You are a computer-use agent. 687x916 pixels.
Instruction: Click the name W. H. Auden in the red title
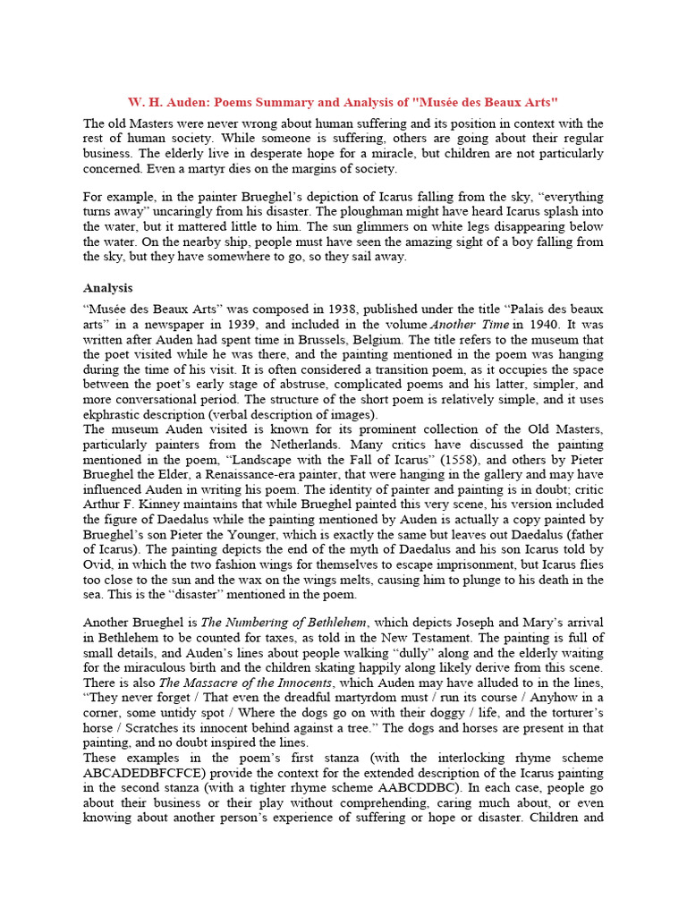click(164, 102)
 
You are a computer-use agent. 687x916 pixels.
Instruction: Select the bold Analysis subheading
click(108, 288)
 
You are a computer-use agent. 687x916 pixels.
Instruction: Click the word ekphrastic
click(117, 415)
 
